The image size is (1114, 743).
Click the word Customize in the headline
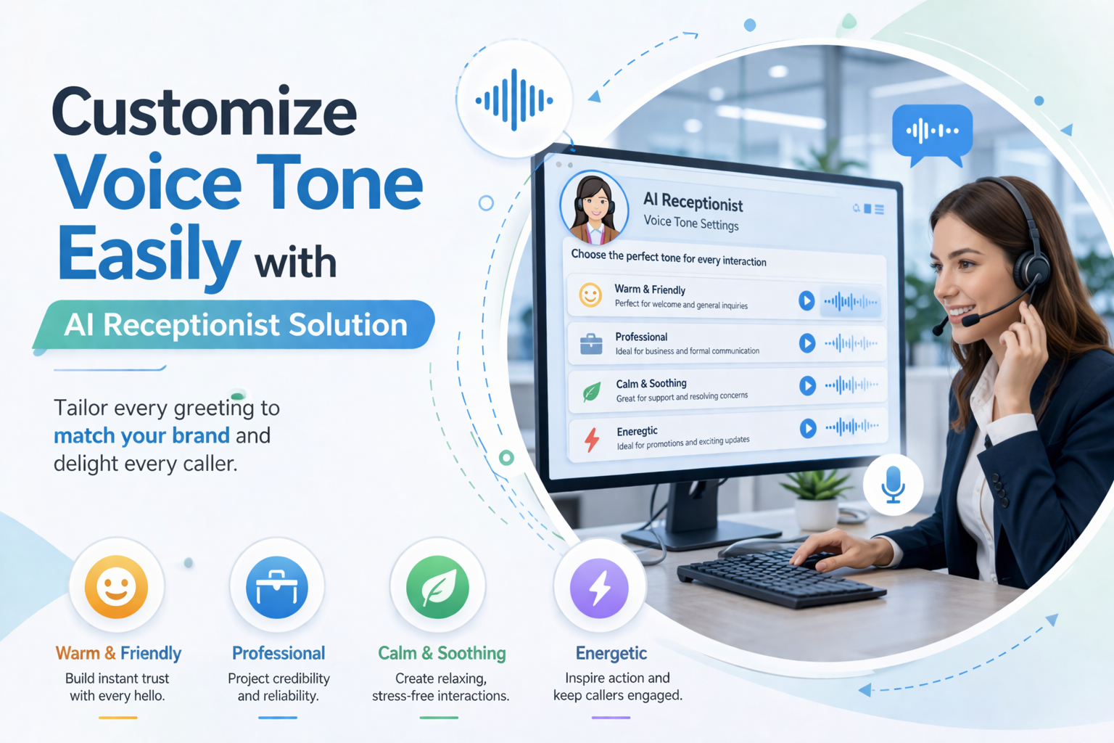click(x=204, y=112)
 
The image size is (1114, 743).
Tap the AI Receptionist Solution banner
click(x=235, y=325)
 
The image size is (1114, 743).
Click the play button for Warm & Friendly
click(x=806, y=300)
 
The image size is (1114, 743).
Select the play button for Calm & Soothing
click(x=807, y=385)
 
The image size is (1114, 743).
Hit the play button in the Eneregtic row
click(x=807, y=429)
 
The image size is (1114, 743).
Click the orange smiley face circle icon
click(x=116, y=586)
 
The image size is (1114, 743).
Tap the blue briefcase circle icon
click(x=277, y=587)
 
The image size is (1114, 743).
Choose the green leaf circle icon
click(x=437, y=587)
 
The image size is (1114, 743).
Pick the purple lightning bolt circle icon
click(x=599, y=588)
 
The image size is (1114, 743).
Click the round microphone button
click(x=893, y=484)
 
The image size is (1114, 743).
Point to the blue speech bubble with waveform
click(x=932, y=132)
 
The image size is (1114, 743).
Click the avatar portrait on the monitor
click(x=594, y=208)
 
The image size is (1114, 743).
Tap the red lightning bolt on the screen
click(x=593, y=439)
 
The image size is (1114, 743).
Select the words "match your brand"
click(x=141, y=435)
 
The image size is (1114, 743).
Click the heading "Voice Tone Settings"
click(x=691, y=223)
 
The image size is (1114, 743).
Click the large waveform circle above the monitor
click(x=514, y=99)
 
